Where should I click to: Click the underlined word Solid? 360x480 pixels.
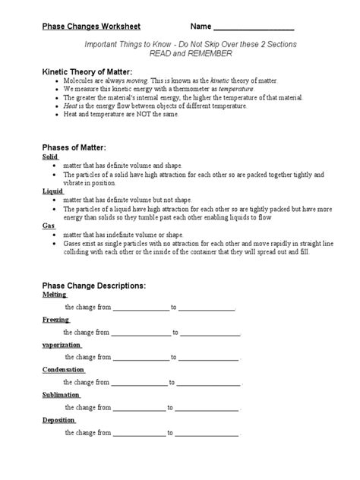(x=49, y=156)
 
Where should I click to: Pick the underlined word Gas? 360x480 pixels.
(x=48, y=227)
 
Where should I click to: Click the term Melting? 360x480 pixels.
(x=54, y=295)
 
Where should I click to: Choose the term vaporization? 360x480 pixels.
(x=62, y=345)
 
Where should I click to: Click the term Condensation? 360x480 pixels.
(x=63, y=370)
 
